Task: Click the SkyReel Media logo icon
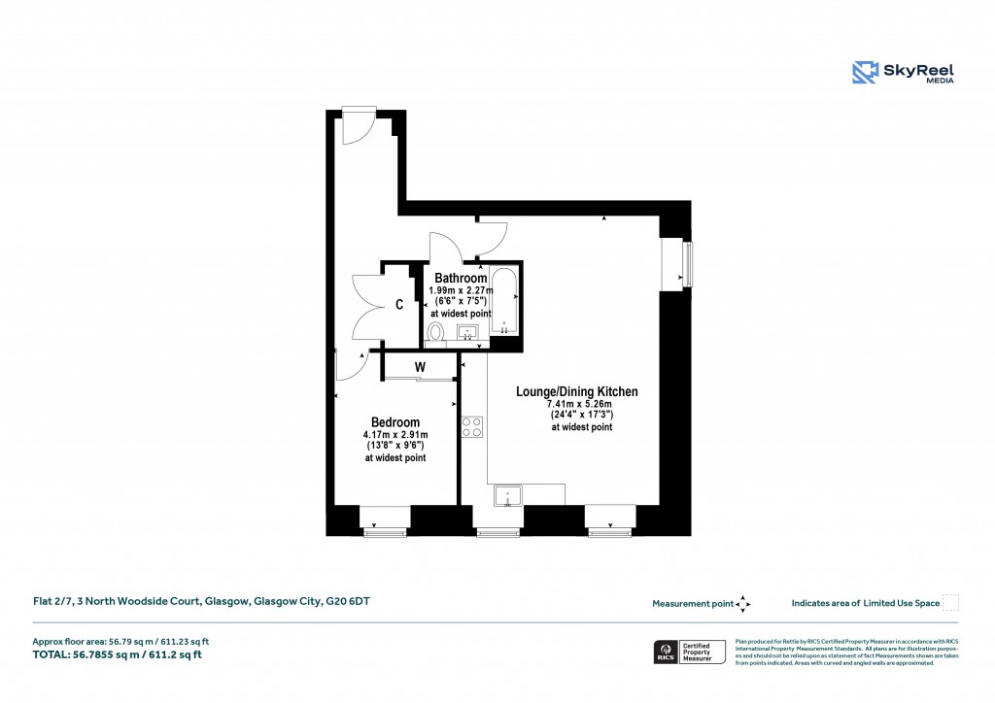click(865, 73)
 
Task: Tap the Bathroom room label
click(461, 279)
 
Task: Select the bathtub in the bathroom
click(503, 301)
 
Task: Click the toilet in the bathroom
click(435, 334)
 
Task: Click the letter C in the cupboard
click(399, 305)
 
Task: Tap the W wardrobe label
click(420, 367)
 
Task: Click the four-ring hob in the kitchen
click(472, 427)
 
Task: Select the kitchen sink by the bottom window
click(507, 497)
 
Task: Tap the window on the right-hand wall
click(688, 264)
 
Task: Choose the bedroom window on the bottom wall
click(384, 530)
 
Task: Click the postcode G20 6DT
click(346, 602)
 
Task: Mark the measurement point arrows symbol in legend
click(743, 603)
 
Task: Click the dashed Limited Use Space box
click(950, 603)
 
